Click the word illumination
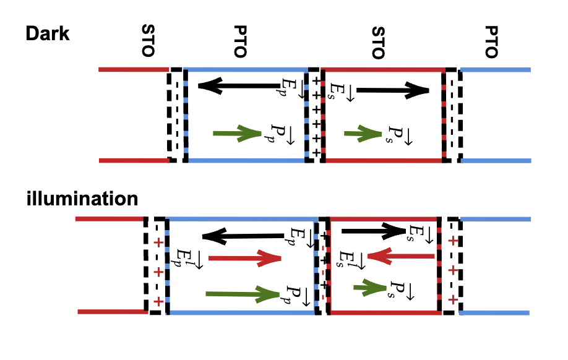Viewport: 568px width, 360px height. pos(82,199)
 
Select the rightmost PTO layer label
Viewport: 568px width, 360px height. pos(491,41)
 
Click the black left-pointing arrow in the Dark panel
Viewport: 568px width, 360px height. pos(238,85)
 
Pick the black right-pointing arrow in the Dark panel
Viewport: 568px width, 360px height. pos(393,91)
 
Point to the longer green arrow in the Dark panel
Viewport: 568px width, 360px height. pos(238,133)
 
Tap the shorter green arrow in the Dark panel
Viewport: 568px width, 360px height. pos(363,133)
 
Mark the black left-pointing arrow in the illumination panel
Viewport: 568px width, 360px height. pos(243,235)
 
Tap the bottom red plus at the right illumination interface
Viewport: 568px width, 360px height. pos(453,300)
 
